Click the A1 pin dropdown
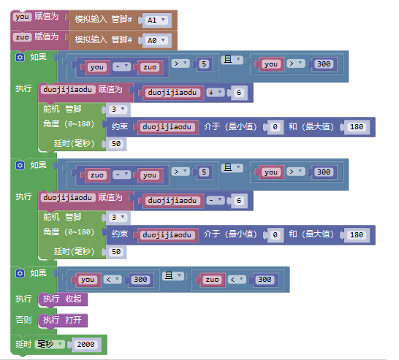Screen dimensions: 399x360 coord(156,20)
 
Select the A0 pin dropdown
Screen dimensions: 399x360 coord(156,40)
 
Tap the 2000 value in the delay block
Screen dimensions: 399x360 coord(85,345)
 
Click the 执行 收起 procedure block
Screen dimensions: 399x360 coord(63,299)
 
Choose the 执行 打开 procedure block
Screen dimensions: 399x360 coord(63,320)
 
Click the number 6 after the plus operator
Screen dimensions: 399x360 coord(239,93)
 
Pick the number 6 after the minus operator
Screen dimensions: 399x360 coord(239,201)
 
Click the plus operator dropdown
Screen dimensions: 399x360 coord(216,92)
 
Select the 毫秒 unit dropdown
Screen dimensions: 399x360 coord(50,344)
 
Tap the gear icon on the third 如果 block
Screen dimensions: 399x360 coord(20,274)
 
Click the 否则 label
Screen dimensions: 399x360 coord(23,320)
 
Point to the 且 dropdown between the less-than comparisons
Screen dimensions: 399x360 coord(173,275)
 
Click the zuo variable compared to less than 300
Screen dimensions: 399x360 coord(212,280)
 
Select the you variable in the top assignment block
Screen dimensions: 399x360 coord(23,17)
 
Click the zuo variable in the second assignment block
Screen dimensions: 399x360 coord(23,37)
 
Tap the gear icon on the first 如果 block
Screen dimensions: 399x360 coord(20,58)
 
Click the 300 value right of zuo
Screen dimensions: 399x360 coord(265,280)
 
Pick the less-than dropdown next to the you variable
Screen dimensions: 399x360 coord(113,280)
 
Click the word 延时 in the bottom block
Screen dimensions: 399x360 coord(23,344)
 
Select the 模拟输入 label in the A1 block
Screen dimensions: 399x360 coord(91,19)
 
